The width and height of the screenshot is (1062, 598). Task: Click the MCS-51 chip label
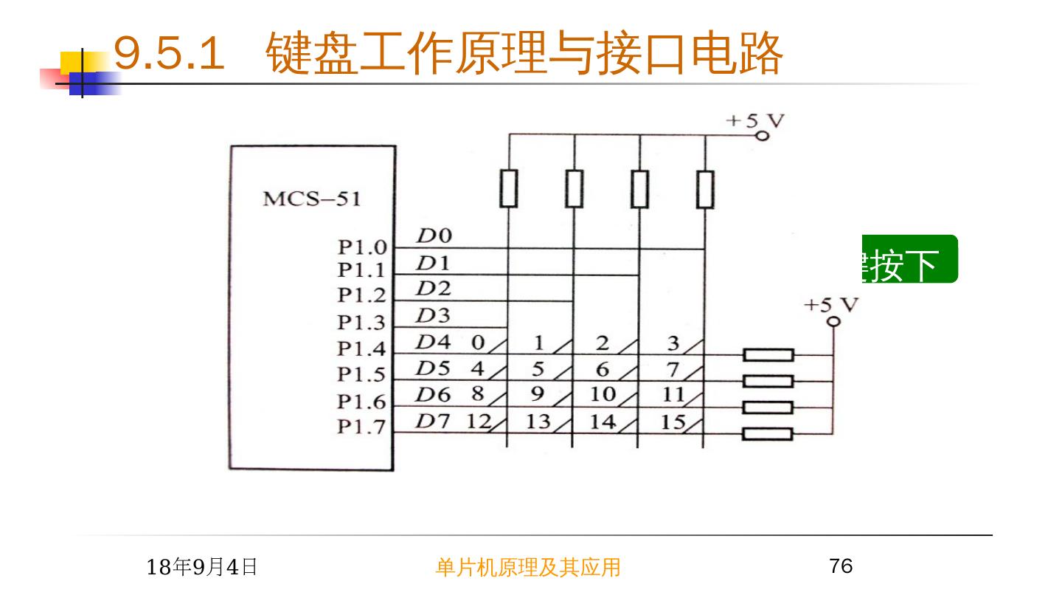tap(312, 200)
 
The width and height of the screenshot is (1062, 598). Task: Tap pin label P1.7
tap(361, 427)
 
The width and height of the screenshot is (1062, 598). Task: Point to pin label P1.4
tap(361, 348)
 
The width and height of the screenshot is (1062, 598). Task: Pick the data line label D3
tap(433, 317)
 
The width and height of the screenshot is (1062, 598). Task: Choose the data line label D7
tap(433, 422)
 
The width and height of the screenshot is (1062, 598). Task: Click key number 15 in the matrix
tap(673, 422)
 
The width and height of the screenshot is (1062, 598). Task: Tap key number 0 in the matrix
tap(478, 343)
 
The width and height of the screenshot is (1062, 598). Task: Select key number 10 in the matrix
tap(603, 394)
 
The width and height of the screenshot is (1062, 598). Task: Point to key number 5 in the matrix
tap(538, 368)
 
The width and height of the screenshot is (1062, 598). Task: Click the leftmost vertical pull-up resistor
tap(508, 188)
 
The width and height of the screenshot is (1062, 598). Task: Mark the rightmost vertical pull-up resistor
tap(705, 188)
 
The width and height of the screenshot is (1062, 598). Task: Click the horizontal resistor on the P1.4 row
tap(768, 355)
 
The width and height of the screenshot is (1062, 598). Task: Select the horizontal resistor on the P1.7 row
tap(768, 434)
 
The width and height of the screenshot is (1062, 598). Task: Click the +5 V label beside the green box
tap(831, 305)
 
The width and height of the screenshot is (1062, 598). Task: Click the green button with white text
tap(910, 259)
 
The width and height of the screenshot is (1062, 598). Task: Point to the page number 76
tap(841, 566)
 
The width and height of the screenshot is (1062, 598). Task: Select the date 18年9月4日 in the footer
tap(202, 567)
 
